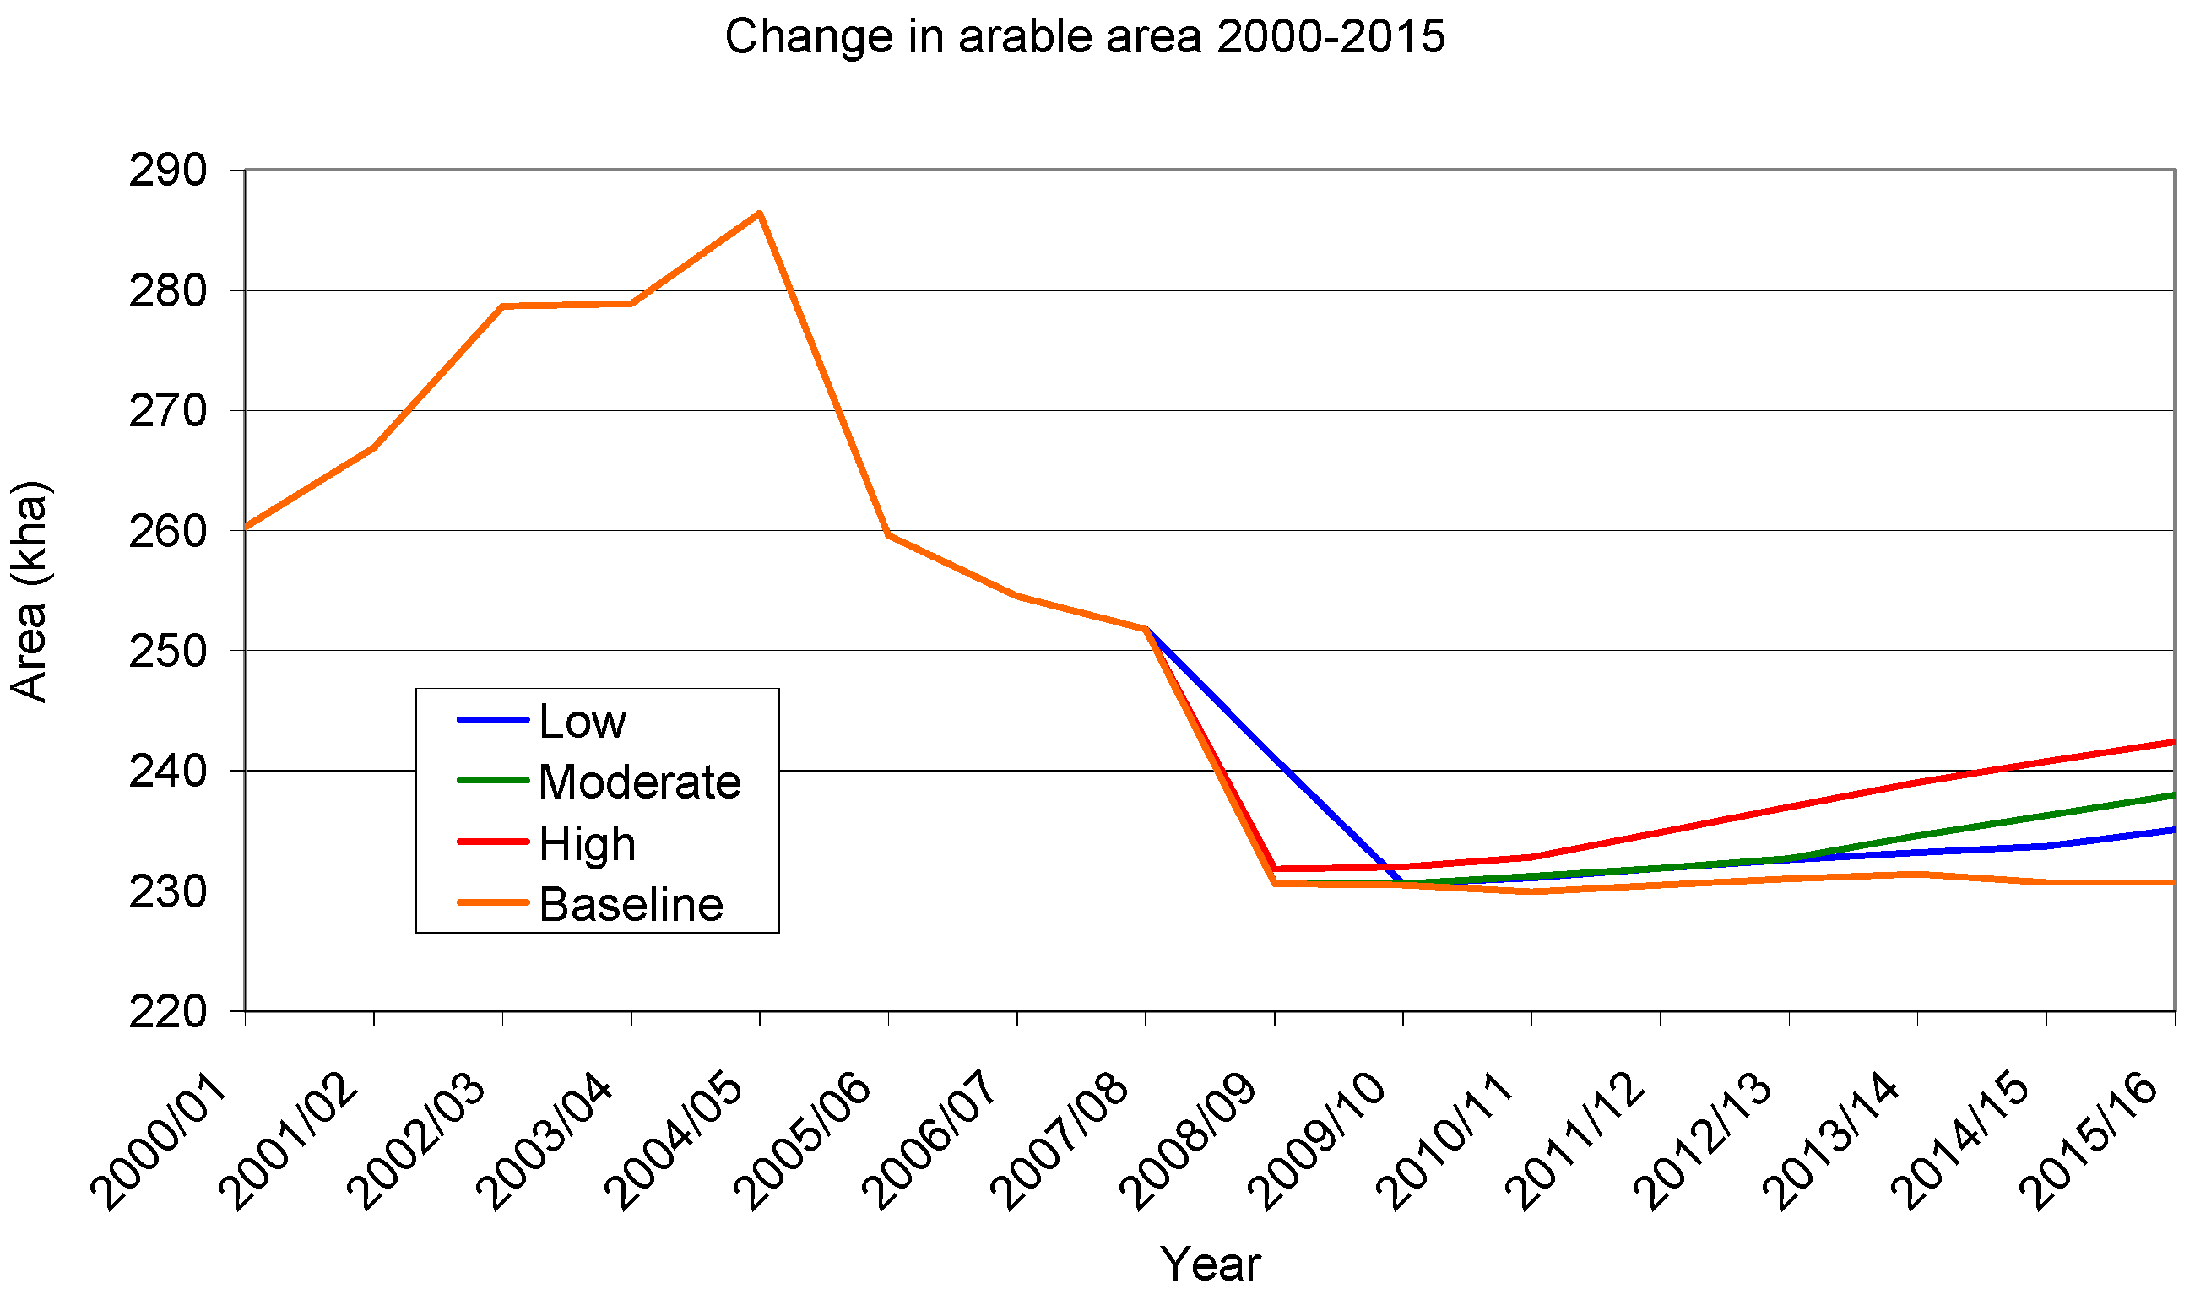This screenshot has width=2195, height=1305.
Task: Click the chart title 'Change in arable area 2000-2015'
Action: pos(1084,37)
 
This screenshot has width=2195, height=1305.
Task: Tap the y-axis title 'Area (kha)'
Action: pos(30,591)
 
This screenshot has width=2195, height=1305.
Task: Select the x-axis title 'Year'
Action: pos(1210,1264)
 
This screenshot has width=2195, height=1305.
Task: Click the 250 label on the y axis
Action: pos(168,651)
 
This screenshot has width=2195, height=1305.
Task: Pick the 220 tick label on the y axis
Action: pos(168,1011)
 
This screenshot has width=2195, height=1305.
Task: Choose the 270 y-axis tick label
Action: pos(168,411)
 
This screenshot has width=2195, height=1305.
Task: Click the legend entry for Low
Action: pos(542,721)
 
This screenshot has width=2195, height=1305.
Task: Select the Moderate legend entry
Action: pos(599,782)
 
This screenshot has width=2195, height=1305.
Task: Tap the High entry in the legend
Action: pos(546,843)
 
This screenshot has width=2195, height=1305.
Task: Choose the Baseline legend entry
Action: pos(590,904)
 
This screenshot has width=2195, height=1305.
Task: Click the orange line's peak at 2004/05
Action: pos(760,213)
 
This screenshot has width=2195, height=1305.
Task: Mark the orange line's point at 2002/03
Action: pos(502,306)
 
